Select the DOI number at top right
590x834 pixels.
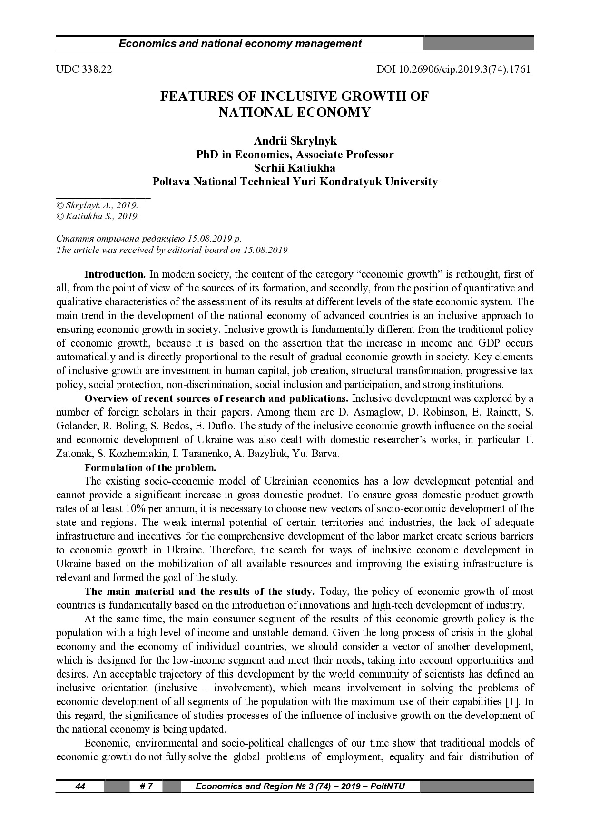click(x=453, y=69)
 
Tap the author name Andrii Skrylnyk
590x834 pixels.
click(x=295, y=141)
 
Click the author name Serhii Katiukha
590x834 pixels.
click(x=295, y=168)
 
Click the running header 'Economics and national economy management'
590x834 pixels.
click(x=240, y=44)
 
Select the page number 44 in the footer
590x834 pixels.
click(x=80, y=786)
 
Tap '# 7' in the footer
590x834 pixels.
click(x=146, y=786)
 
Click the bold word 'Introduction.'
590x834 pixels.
click(x=115, y=274)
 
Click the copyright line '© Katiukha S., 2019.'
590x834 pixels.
click(x=98, y=217)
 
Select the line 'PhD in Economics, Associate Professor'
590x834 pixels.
click(x=295, y=155)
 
